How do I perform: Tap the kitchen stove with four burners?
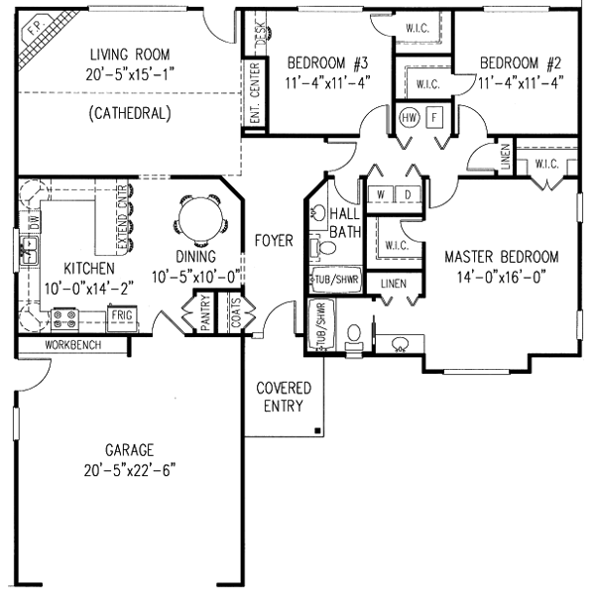[x=64, y=318]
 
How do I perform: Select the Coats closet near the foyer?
[x=235, y=313]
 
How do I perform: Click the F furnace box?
[x=433, y=118]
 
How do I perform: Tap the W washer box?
[x=380, y=193]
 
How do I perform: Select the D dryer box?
[x=407, y=193]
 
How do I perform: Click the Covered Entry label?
[x=284, y=397]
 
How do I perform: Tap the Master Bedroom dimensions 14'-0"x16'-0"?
[x=501, y=277]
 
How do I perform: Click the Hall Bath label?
[x=344, y=223]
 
